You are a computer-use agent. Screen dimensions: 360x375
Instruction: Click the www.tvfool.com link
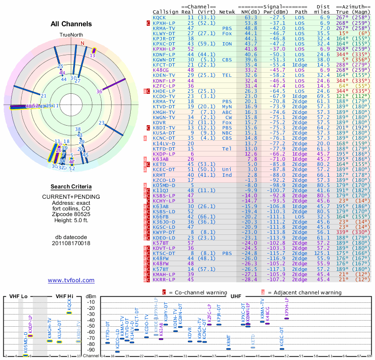click(71, 280)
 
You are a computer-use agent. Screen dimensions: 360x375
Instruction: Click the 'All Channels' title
click(71, 24)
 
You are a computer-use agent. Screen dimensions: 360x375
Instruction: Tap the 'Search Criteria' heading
click(71, 187)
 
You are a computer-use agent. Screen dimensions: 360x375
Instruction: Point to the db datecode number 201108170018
click(71, 243)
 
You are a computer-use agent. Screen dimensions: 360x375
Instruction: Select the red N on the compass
click(83, 43)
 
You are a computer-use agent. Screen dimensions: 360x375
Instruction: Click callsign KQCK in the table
click(159, 17)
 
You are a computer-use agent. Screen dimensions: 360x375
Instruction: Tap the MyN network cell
click(227, 106)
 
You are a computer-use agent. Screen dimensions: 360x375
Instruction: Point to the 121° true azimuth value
click(343, 96)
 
